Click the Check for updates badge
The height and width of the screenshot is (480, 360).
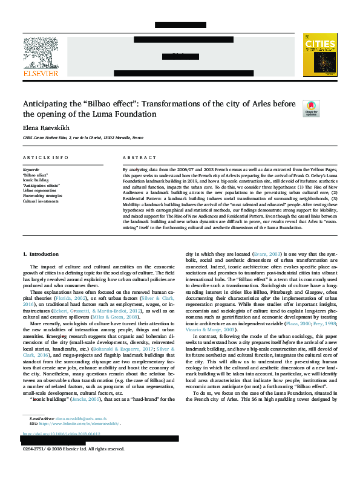tap(310, 108)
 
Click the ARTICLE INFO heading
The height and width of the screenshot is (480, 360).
tap(45, 157)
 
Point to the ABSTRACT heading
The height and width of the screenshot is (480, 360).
tap(135, 157)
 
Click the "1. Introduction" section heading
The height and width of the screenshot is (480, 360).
tap(41, 255)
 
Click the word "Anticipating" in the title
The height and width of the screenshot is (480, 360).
tap(47, 103)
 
